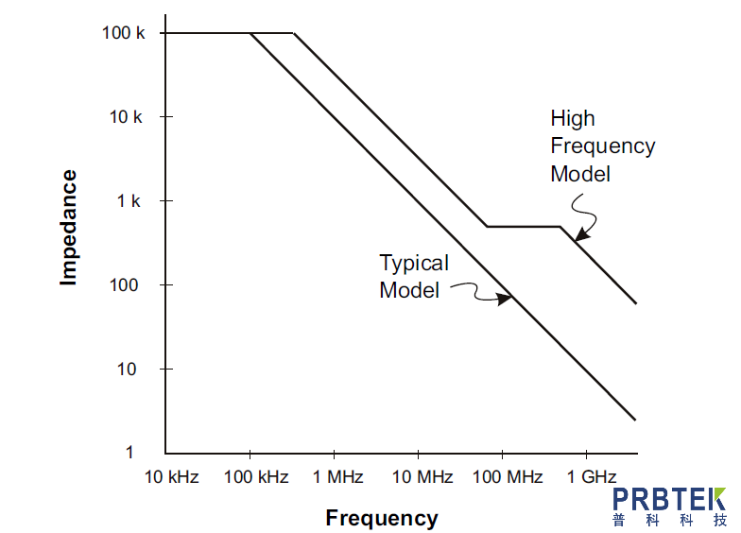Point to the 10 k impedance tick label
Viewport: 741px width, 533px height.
click(x=127, y=117)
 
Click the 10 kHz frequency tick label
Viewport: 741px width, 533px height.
click(x=171, y=477)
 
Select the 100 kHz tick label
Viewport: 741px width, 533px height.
click(x=256, y=477)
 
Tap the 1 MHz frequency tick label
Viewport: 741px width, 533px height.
click(x=338, y=477)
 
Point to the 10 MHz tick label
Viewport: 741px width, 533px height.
click(x=422, y=477)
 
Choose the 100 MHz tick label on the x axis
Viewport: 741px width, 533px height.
click(x=508, y=477)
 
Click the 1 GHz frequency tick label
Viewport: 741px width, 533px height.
click(x=592, y=477)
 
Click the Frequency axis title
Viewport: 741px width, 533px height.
click(x=382, y=518)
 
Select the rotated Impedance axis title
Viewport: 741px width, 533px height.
click(x=68, y=227)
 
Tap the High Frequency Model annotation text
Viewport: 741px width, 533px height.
click(x=602, y=146)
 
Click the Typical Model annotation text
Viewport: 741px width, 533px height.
click(x=413, y=276)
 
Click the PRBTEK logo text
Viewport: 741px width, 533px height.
click(x=668, y=500)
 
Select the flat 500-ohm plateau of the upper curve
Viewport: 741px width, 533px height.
click(x=523, y=227)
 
